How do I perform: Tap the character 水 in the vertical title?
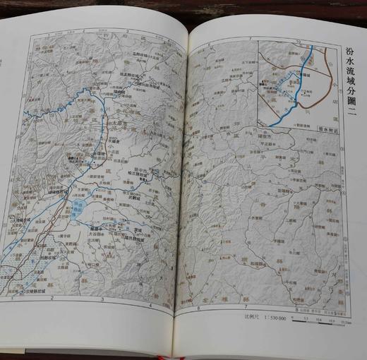coord(351,69)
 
